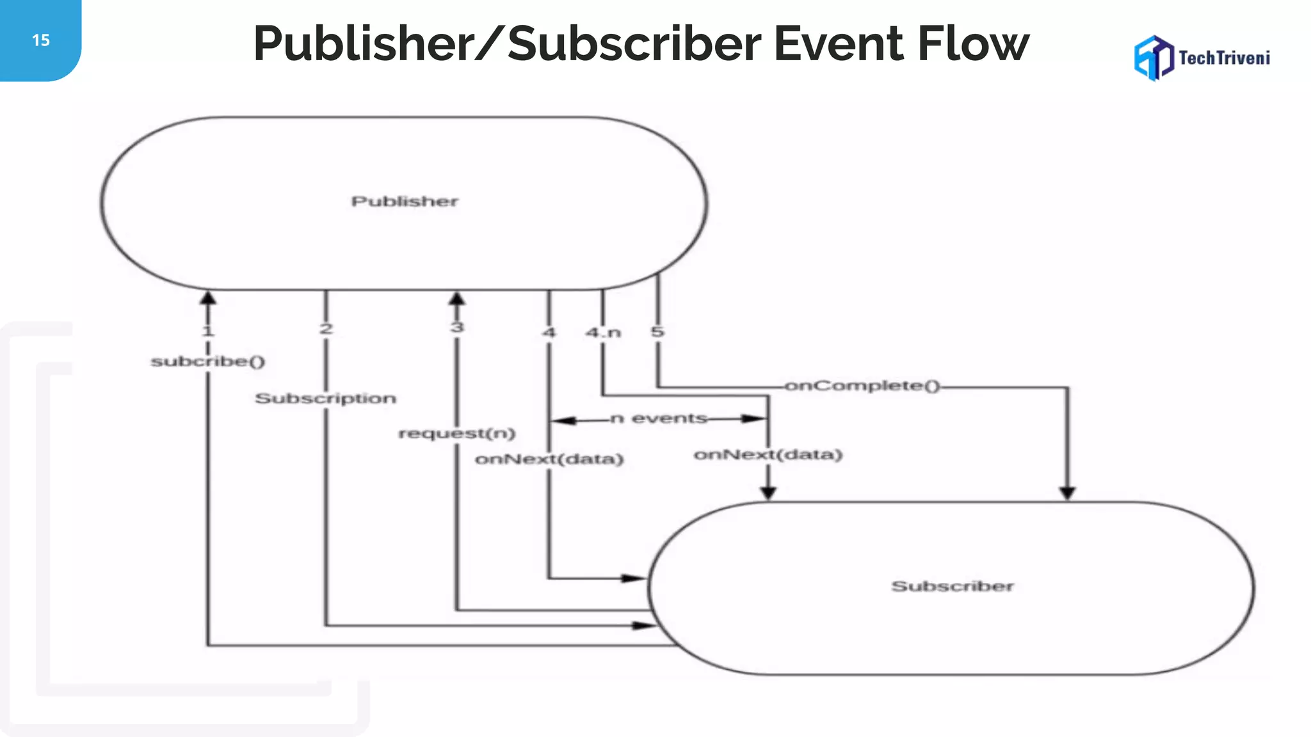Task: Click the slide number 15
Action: click(x=40, y=40)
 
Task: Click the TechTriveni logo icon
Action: click(x=1154, y=58)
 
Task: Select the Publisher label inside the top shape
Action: click(x=405, y=202)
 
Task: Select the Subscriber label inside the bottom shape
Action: click(x=952, y=586)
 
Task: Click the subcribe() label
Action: click(x=207, y=361)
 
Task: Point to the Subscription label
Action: click(x=325, y=399)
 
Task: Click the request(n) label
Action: click(x=456, y=433)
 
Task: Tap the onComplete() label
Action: click(x=862, y=386)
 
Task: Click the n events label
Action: click(x=659, y=418)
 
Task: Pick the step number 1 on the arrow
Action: click(x=207, y=331)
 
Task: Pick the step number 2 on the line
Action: click(x=326, y=329)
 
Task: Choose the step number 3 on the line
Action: click(x=456, y=328)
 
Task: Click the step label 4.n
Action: click(x=603, y=333)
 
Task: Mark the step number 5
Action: click(x=657, y=332)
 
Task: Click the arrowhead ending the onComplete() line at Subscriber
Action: click(x=1067, y=493)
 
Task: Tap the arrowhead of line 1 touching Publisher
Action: click(x=208, y=298)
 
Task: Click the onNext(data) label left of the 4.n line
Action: click(x=549, y=459)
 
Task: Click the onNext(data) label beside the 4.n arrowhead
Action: click(x=768, y=455)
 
